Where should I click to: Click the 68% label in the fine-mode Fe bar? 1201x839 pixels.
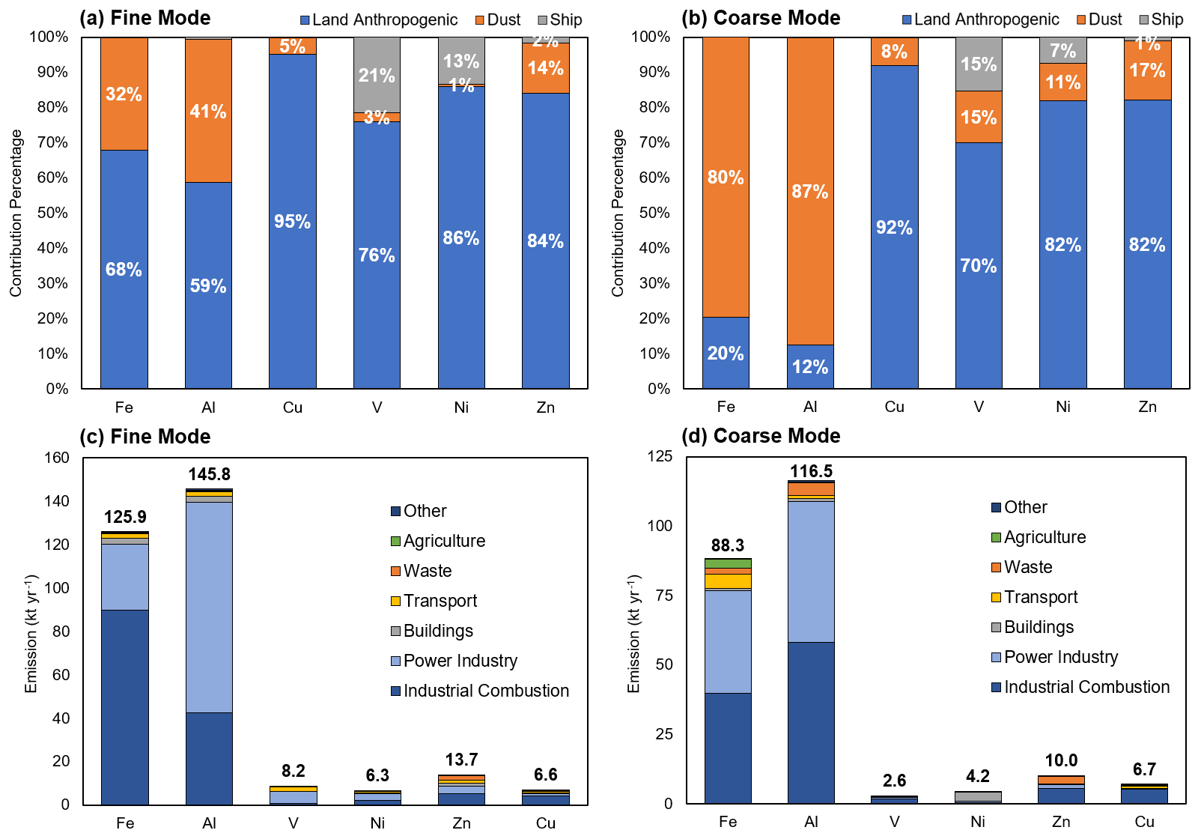click(124, 270)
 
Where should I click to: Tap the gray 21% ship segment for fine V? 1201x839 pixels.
click(377, 75)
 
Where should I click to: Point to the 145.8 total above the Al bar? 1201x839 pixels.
click(209, 474)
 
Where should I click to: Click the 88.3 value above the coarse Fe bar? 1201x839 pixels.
click(727, 545)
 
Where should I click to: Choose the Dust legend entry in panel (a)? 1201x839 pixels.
click(498, 20)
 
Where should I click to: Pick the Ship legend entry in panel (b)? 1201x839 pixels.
click(1161, 20)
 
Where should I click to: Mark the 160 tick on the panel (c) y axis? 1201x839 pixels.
click(57, 458)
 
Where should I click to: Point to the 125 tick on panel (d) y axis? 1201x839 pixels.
click(660, 456)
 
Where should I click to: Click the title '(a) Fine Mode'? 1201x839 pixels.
click(145, 18)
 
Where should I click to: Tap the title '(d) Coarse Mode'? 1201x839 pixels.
click(761, 436)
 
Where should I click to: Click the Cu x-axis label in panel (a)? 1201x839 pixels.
click(292, 408)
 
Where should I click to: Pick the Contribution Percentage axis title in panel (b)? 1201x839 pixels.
click(618, 213)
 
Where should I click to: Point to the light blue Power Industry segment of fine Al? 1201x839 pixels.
click(208, 607)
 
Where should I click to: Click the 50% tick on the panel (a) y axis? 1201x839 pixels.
click(52, 213)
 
